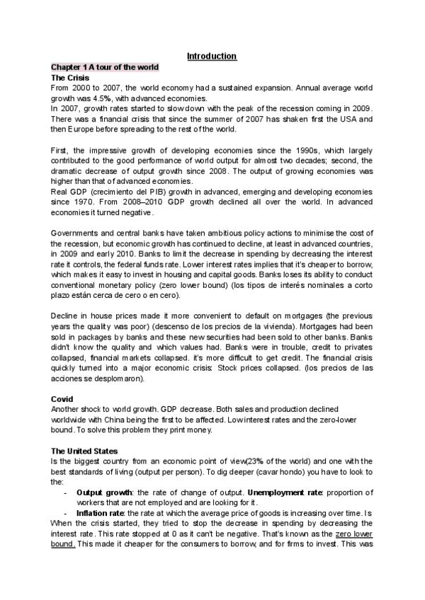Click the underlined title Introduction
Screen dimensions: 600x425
click(x=212, y=56)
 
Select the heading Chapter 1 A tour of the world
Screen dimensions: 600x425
click(x=105, y=67)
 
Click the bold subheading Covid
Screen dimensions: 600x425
click(x=62, y=399)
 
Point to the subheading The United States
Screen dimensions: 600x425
click(x=84, y=450)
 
